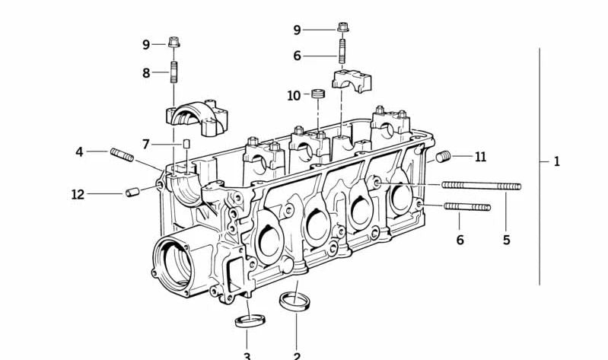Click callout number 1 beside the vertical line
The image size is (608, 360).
tap(556, 161)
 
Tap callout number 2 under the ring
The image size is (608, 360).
tap(297, 355)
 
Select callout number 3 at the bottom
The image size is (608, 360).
tap(247, 355)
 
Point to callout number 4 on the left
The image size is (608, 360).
tap(79, 152)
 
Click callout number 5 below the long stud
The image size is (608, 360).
tap(506, 241)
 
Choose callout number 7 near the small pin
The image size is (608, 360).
tap(146, 144)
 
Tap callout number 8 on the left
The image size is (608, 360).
tap(146, 73)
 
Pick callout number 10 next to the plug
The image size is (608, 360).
tap(294, 96)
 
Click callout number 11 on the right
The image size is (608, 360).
tap(480, 158)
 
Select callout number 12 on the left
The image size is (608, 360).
tap(78, 195)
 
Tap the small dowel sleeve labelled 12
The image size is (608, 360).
tap(133, 191)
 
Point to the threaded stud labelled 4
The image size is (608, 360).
tap(123, 155)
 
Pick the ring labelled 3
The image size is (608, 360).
tap(247, 319)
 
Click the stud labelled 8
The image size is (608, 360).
tap(174, 75)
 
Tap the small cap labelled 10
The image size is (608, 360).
tap(317, 95)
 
